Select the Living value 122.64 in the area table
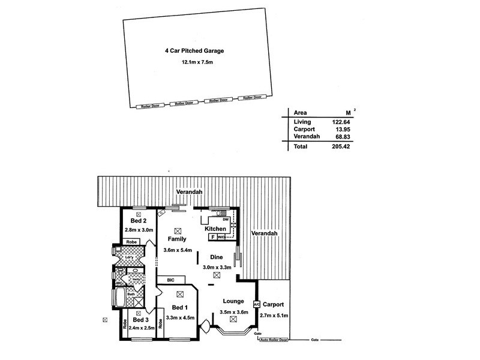tap(341, 121)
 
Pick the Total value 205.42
tap(341, 146)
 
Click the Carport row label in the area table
tap(304, 129)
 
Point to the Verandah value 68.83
tap(341, 137)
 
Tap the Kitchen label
tap(216, 229)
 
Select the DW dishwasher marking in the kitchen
tap(225, 220)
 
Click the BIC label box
tap(171, 280)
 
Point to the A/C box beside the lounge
tap(257, 305)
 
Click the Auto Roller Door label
tap(274, 340)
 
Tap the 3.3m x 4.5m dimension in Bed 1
tap(180, 317)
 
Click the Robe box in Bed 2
tap(131, 242)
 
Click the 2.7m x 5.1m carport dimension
tap(274, 316)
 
